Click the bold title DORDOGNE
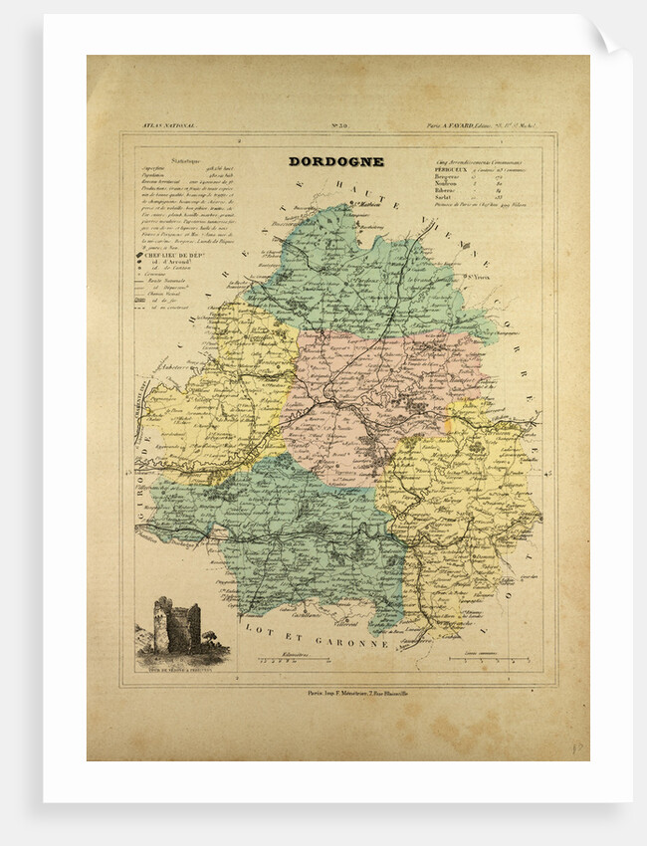tap(335, 161)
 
